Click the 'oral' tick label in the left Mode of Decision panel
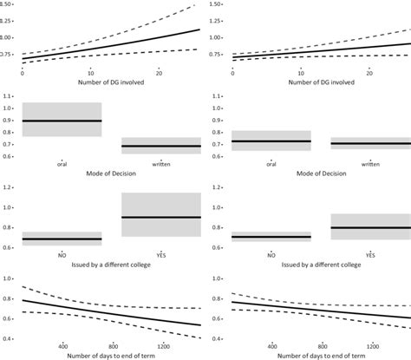click(x=62, y=162)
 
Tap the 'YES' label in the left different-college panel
click(x=162, y=256)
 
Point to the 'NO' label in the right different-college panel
click(x=271, y=256)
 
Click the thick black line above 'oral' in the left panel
click(x=62, y=121)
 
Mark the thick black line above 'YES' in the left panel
click(x=162, y=217)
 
